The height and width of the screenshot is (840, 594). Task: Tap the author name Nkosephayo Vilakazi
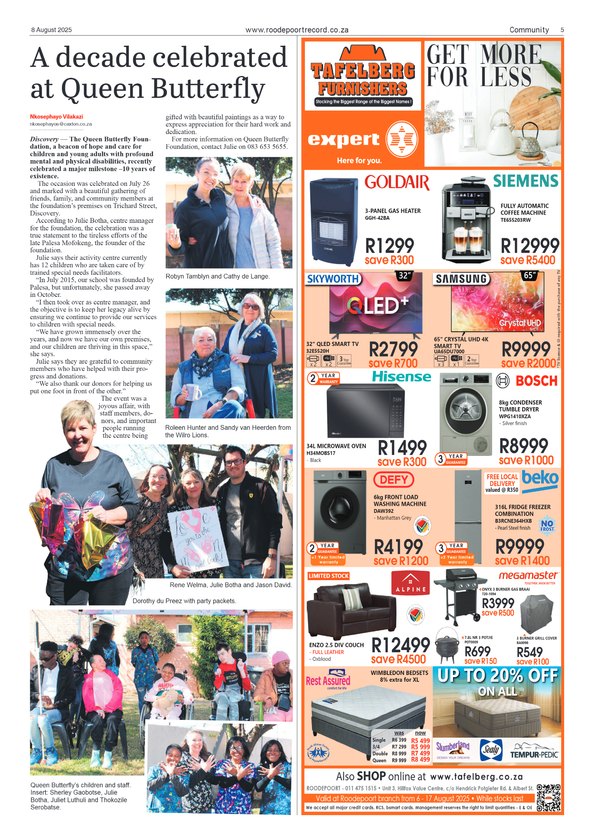pyautogui.click(x=56, y=117)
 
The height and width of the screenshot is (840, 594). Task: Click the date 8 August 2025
pyautogui.click(x=51, y=30)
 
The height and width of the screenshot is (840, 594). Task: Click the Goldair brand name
pyautogui.click(x=397, y=183)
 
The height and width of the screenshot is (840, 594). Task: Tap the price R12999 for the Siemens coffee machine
pyautogui.click(x=529, y=246)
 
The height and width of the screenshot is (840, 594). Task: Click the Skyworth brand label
pyautogui.click(x=333, y=279)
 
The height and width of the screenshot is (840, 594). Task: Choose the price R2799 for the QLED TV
pyautogui.click(x=393, y=349)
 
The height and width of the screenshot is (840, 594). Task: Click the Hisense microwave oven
pyautogui.click(x=365, y=411)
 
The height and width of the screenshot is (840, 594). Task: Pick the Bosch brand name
pyautogui.click(x=536, y=381)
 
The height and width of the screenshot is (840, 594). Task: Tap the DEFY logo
pyautogui.click(x=393, y=480)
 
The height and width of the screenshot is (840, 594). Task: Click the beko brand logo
pyautogui.click(x=540, y=478)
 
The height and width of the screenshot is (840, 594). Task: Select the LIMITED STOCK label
pyautogui.click(x=328, y=576)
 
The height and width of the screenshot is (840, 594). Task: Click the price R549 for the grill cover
pyautogui.click(x=529, y=652)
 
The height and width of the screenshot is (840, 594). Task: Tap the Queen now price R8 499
pyautogui.click(x=420, y=760)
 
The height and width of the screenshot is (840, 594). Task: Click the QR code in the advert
pyautogui.click(x=548, y=797)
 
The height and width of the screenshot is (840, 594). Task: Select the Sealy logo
pyautogui.click(x=491, y=750)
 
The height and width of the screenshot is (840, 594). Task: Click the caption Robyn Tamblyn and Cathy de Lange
pyautogui.click(x=217, y=276)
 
